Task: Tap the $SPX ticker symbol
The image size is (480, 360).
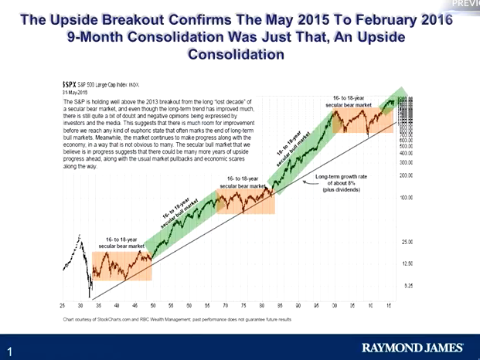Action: coord(68,83)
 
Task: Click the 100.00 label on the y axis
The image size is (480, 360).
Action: coord(404,198)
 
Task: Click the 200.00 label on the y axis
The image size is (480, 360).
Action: coord(404,175)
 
